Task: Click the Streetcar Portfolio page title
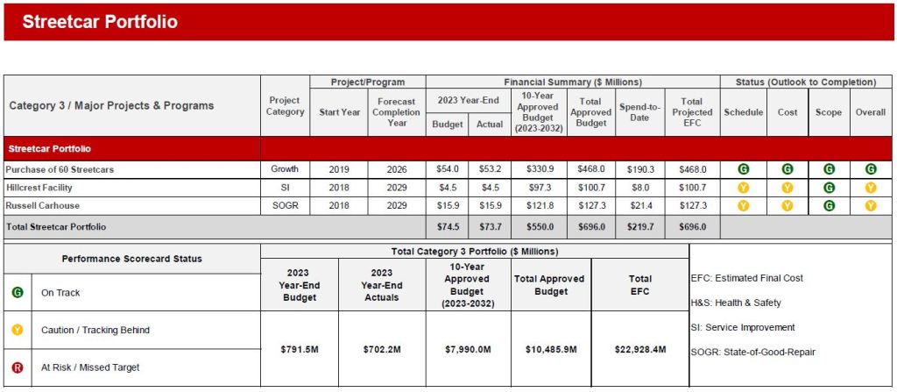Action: (99, 22)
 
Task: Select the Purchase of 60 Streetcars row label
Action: (60, 169)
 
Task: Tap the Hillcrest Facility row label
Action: (39, 187)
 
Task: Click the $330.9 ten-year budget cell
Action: (537, 169)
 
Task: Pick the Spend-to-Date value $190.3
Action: (639, 169)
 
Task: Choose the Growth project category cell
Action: (285, 169)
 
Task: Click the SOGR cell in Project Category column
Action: (285, 205)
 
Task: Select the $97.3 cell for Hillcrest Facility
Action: (537, 187)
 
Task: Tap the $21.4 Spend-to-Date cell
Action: (639, 205)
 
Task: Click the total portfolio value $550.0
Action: (537, 226)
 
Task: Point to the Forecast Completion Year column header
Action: (397, 112)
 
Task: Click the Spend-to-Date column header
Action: (639, 112)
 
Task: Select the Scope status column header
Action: (829, 112)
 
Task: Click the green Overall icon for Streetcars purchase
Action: (871, 169)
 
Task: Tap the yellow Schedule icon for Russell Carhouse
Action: (743, 205)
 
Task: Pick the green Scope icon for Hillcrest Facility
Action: (829, 187)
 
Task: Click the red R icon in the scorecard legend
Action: (18, 367)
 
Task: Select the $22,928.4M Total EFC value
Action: (640, 349)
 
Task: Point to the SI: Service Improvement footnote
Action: (743, 327)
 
